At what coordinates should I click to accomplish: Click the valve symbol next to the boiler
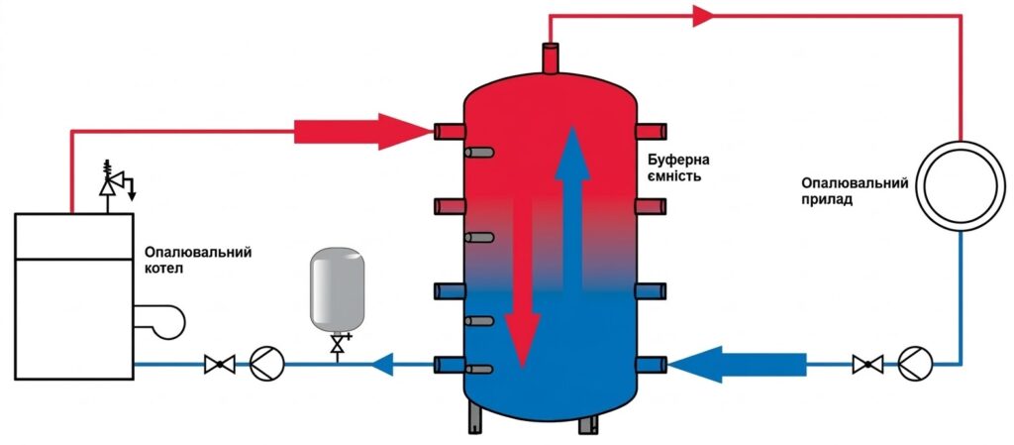coord(219,364)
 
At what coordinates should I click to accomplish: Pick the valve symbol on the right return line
coord(867,364)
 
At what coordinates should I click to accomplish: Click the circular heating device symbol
coord(960,185)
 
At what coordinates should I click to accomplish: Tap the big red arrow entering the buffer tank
coord(362,132)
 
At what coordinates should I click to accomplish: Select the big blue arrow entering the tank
coord(737,364)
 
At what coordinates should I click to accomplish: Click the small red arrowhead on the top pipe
coord(703,16)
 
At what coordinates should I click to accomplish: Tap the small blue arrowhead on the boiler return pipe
coord(383,364)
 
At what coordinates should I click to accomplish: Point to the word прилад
coord(827,200)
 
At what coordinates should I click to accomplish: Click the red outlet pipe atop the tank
coord(551,57)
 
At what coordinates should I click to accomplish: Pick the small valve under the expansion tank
coord(337,344)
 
